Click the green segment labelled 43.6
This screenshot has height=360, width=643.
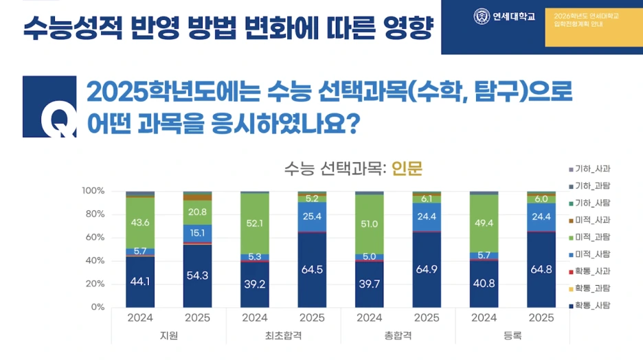(x=140, y=223)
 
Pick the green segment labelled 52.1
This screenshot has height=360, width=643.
(x=255, y=223)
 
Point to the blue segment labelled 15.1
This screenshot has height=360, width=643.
(x=197, y=234)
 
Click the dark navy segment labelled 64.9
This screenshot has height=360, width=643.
(x=427, y=269)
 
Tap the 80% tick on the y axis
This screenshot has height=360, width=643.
(x=92, y=214)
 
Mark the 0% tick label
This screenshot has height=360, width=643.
(x=95, y=307)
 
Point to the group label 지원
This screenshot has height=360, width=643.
(x=169, y=335)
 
